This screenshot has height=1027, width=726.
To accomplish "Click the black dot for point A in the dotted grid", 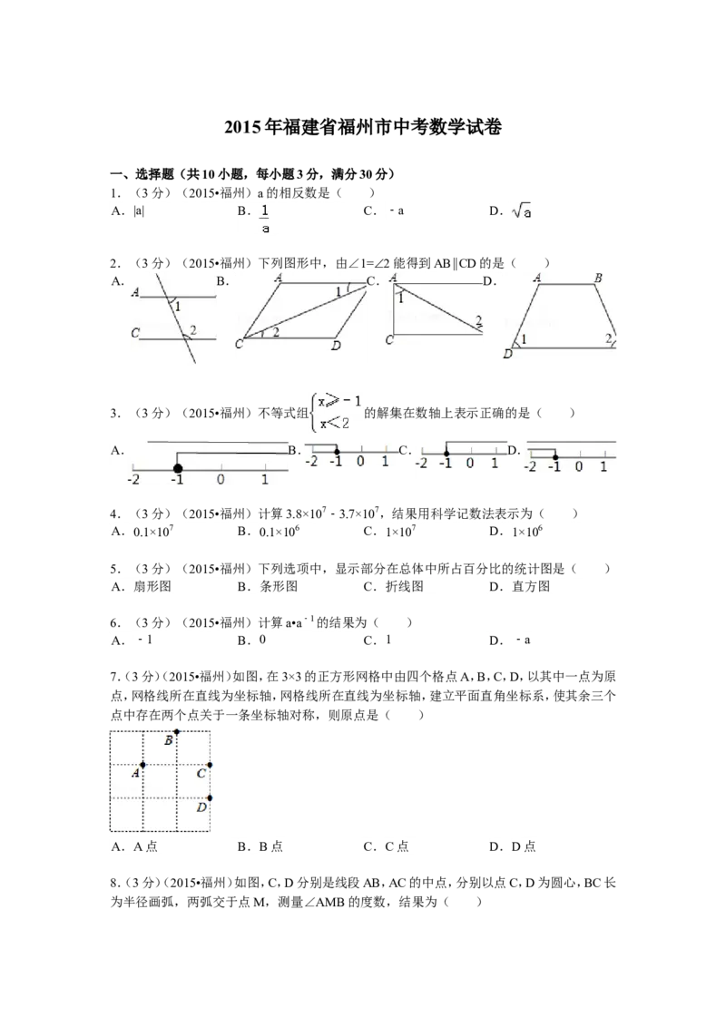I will [143, 766].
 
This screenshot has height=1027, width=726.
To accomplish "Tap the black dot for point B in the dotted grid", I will [177, 729].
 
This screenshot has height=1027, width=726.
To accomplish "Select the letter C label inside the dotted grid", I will [201, 774].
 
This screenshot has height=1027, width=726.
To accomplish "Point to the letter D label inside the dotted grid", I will [201, 807].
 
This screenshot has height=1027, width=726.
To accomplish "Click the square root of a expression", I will [525, 211].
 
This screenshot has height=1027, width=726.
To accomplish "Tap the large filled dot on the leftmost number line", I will [177, 468].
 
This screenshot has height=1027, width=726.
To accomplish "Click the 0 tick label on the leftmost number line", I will [221, 479].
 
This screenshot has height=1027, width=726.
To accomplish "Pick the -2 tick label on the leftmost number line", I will [134, 479].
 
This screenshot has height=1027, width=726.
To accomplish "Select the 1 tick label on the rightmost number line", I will [604, 466].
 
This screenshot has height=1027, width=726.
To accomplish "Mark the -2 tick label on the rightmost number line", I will [531, 466].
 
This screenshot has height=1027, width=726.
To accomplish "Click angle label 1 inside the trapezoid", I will [524, 339].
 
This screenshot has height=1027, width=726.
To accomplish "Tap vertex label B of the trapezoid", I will [597, 278].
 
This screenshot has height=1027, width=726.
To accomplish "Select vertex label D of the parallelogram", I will [336, 346].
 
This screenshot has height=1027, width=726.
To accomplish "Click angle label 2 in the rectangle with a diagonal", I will [478, 319].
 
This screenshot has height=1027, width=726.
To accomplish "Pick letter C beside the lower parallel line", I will [134, 333].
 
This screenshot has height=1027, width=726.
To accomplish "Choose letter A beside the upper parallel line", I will [134, 292].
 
